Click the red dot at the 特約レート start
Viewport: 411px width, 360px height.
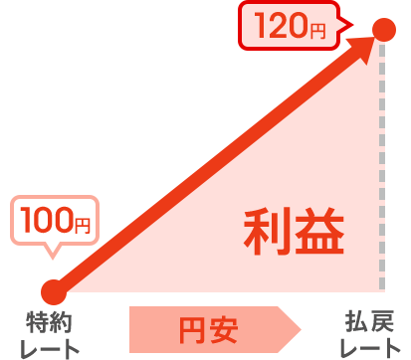54,292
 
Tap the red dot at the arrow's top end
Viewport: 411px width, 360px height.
384,29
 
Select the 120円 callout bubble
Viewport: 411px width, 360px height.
292,26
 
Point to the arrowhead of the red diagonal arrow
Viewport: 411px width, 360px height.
362,49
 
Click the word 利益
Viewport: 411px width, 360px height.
294,231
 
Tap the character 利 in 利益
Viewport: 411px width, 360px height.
268,231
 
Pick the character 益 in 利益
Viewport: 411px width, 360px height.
319,231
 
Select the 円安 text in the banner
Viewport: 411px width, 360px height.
209,330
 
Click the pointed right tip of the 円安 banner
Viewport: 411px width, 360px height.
301,329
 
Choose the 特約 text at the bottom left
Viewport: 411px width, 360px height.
49,322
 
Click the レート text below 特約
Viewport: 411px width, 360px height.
50,349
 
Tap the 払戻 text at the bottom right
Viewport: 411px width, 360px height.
369,321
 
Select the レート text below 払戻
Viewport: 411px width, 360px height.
370,348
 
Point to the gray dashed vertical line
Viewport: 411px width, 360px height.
382,167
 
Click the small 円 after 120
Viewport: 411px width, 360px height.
318,31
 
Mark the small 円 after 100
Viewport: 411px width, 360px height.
83,226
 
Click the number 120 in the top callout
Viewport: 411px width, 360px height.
282,25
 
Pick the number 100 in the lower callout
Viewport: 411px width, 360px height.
47,220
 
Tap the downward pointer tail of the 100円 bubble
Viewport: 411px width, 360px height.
53,252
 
